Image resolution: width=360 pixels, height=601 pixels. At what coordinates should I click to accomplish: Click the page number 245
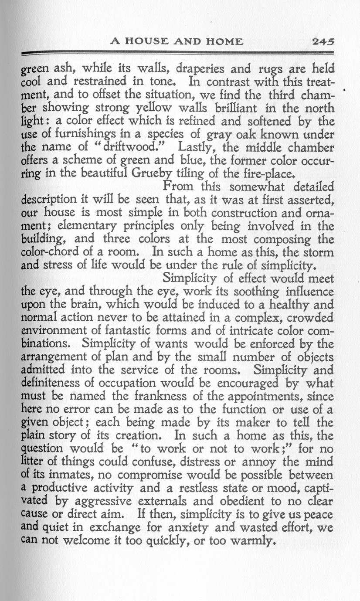323,41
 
